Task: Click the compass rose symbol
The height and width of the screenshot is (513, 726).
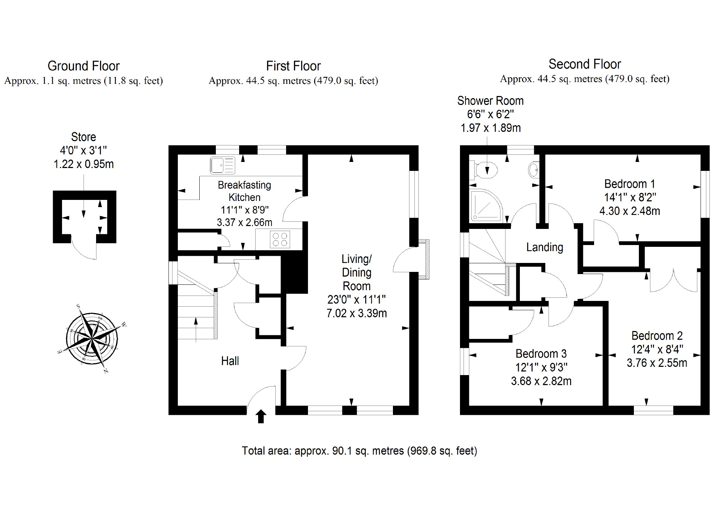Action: coord(92,338)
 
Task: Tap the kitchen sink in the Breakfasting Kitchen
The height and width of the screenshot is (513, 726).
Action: coord(223,165)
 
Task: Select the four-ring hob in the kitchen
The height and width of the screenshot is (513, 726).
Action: coord(280,239)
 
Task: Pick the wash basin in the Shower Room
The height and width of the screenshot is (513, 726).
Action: coord(534,169)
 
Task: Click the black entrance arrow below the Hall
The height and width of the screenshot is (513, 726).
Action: coord(261,417)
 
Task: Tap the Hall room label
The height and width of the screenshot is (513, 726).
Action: coord(230,361)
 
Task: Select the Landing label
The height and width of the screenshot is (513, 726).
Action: coord(545,247)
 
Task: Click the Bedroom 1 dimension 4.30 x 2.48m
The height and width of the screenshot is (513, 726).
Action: coord(630,211)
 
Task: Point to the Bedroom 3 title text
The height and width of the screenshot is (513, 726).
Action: coord(541,354)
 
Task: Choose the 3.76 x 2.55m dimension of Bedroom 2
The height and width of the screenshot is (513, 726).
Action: coord(657,363)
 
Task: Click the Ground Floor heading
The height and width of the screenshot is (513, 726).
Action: coord(84,66)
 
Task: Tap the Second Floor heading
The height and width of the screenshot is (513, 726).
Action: coord(585,64)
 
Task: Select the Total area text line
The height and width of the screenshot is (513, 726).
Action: coord(359,451)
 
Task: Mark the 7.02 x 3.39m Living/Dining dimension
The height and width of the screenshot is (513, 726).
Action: coord(357,313)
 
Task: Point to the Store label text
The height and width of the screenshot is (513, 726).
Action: coord(84,137)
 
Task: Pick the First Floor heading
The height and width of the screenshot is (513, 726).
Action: coord(293,66)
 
